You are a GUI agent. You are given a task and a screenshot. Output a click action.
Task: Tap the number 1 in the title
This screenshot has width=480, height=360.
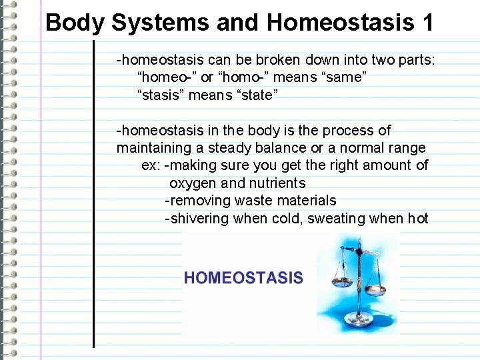click(427, 23)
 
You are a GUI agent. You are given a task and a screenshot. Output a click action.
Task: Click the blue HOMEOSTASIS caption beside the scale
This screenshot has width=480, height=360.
click(243, 278)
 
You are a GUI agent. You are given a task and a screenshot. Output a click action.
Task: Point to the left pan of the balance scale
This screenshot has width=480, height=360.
click(334, 273)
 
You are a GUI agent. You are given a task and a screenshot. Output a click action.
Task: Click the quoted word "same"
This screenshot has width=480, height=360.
click(345, 78)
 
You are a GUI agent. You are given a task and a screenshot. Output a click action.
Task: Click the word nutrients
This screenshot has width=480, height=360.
click(277, 183)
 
